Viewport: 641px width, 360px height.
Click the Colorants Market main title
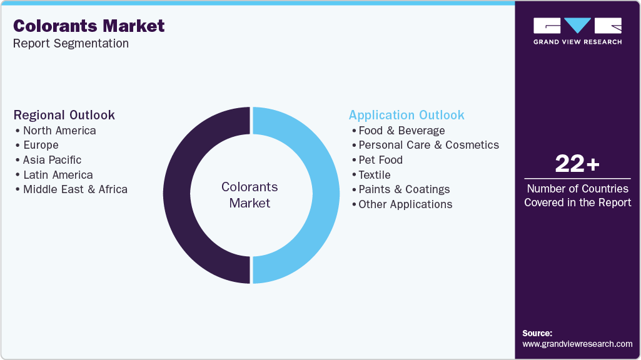coord(89,26)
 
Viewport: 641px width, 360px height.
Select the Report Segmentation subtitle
coord(71,43)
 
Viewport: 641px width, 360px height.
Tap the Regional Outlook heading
coord(64,115)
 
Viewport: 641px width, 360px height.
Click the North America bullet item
coord(59,131)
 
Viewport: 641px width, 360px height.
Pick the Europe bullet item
coord(41,145)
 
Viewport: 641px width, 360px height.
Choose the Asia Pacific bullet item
coord(52,160)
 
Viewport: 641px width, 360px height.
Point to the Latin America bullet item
coord(58,175)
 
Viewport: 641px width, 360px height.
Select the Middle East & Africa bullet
coord(75,189)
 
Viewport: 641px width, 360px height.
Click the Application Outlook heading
coord(406,115)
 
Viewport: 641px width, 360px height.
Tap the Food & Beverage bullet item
coord(401,131)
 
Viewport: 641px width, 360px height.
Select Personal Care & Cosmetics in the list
coord(428,145)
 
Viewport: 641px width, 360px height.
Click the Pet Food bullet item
coord(380,160)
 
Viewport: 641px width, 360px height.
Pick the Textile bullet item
coord(374,175)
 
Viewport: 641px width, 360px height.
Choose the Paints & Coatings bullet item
coord(404,189)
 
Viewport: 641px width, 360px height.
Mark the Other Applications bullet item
coord(405,204)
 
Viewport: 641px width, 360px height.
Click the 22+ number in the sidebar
coord(577,164)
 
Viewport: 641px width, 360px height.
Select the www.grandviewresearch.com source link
coord(577,344)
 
